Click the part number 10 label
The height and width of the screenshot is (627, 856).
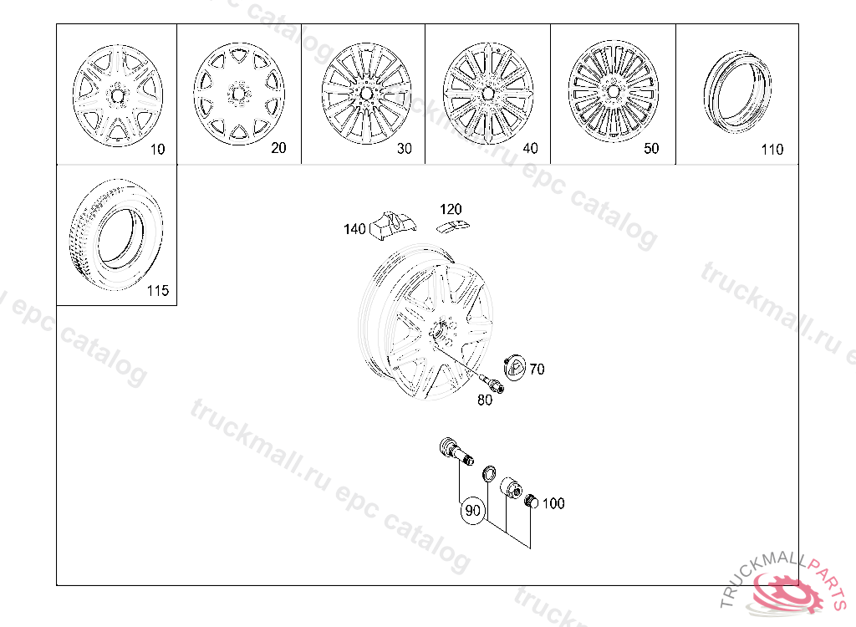(157, 149)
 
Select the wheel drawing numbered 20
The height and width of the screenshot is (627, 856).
(239, 94)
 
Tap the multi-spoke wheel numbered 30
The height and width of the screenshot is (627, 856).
(366, 94)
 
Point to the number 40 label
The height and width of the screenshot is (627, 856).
(530, 148)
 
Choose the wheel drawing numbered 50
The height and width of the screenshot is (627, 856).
(614, 90)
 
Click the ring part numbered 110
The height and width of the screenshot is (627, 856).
(737, 92)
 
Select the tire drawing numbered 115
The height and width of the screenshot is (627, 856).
(115, 234)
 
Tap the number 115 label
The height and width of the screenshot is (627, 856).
(158, 291)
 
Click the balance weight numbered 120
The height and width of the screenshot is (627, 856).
(454, 226)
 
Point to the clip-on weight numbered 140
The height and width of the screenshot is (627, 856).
(392, 225)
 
